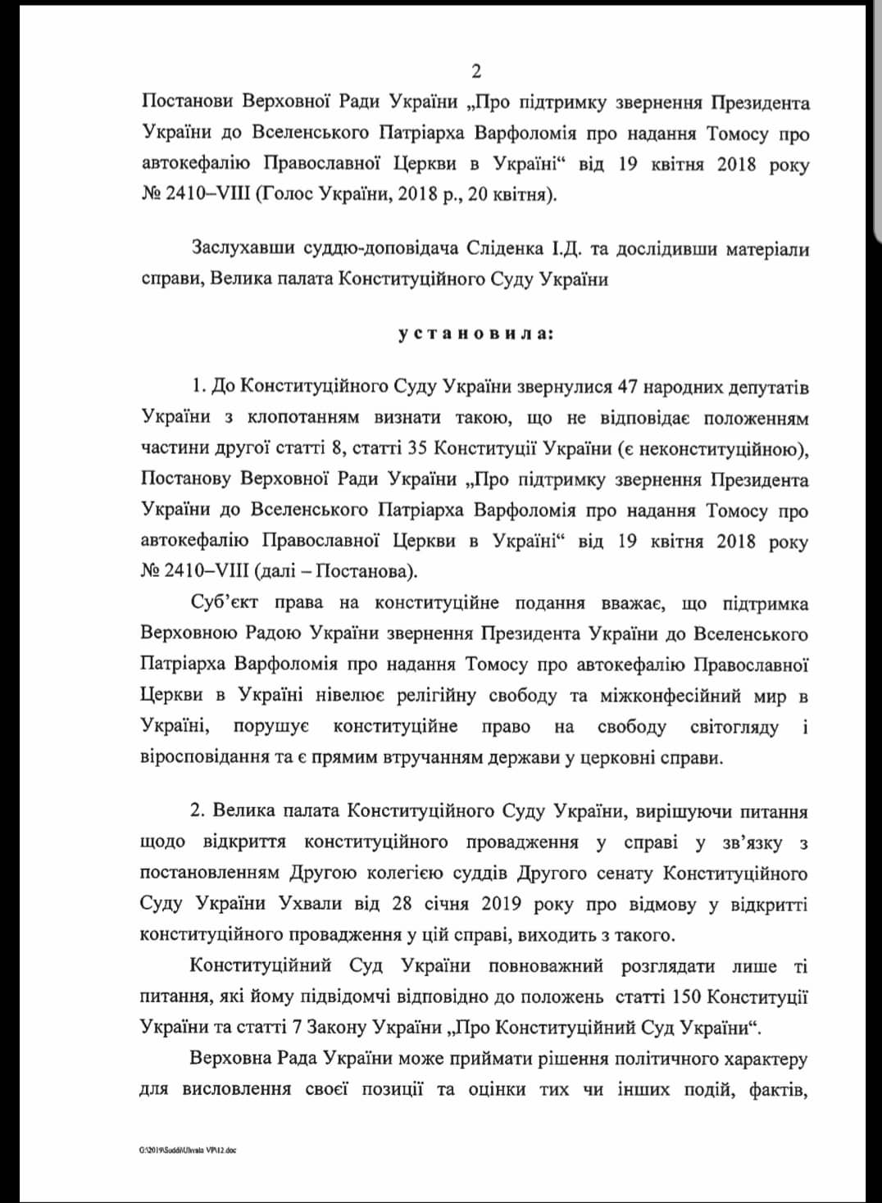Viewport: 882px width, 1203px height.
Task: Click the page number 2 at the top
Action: (476, 72)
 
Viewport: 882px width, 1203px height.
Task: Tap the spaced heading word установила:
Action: (475, 334)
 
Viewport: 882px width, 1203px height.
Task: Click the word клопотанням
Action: (303, 418)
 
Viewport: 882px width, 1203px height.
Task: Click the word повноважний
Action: (546, 965)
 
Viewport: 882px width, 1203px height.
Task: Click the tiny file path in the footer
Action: (188, 1150)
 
